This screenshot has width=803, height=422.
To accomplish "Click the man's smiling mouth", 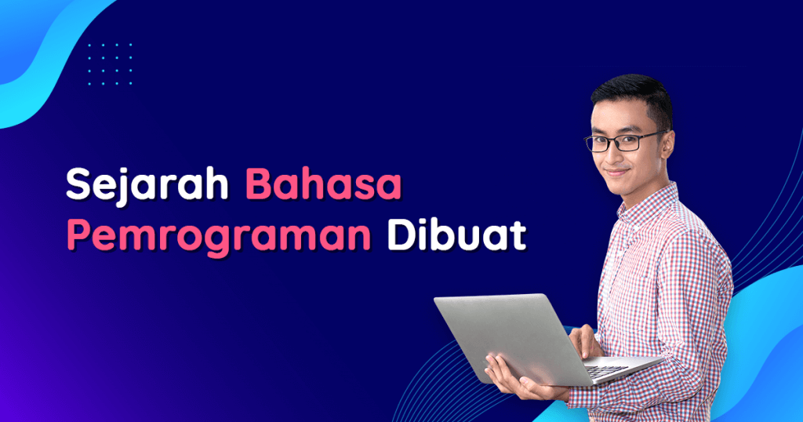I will (616, 173).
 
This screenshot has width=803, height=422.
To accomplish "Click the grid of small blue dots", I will (111, 64).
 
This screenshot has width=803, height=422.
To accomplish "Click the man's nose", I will (613, 155).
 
